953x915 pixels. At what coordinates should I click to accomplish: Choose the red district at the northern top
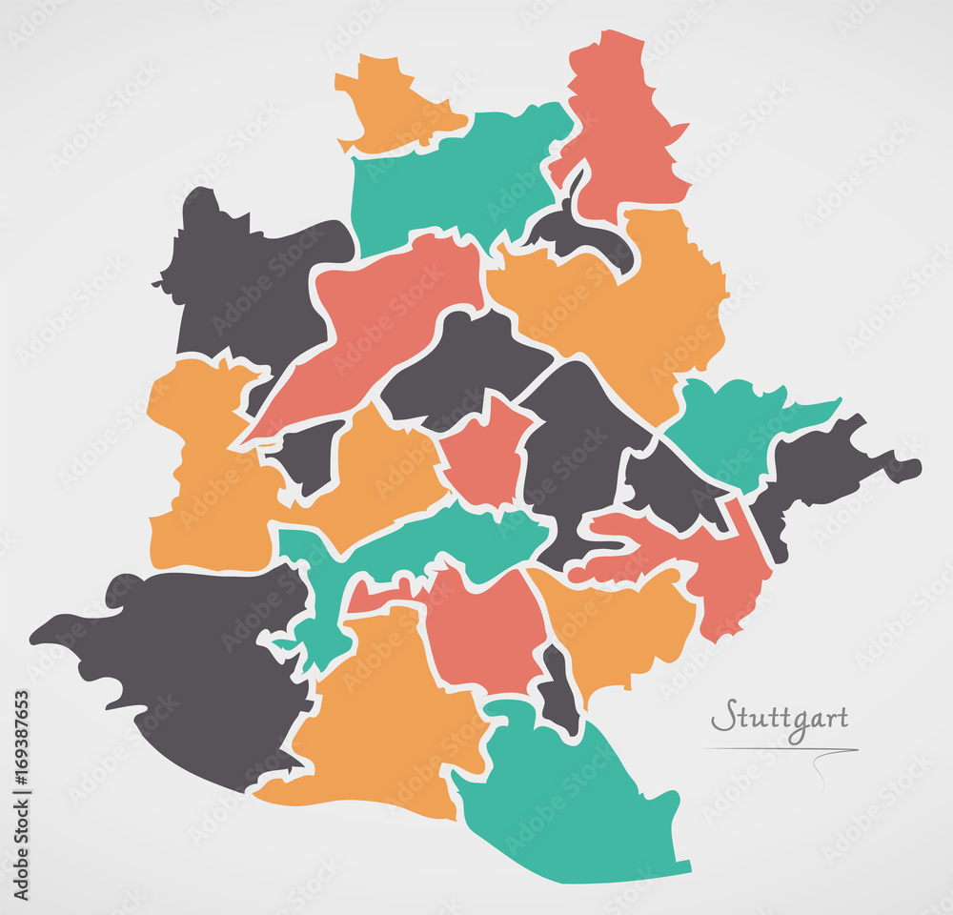[x=619, y=124]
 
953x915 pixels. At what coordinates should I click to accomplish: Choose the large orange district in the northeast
[x=619, y=305]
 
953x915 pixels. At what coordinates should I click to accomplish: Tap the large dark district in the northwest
[x=248, y=286]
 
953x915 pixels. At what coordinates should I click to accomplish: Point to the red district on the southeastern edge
[x=724, y=572]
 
